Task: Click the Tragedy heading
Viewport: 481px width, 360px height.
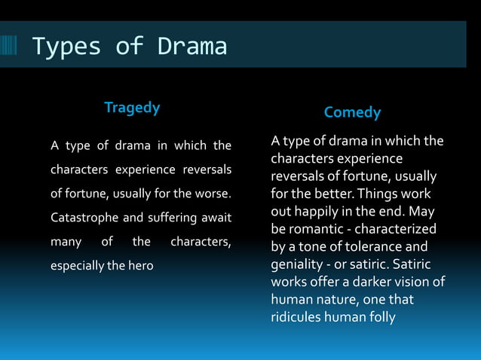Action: coord(132,108)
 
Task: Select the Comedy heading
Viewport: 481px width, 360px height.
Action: coord(352,113)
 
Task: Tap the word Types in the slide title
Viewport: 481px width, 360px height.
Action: coord(66,47)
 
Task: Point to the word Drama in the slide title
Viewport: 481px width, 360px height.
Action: coord(192,47)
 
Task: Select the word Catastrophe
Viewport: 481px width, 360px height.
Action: coord(84,218)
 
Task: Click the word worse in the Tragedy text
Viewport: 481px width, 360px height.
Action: coord(213,194)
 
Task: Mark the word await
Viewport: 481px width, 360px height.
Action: coord(216,218)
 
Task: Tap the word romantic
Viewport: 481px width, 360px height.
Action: coord(318,229)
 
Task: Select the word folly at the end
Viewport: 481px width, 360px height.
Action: coord(378,317)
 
